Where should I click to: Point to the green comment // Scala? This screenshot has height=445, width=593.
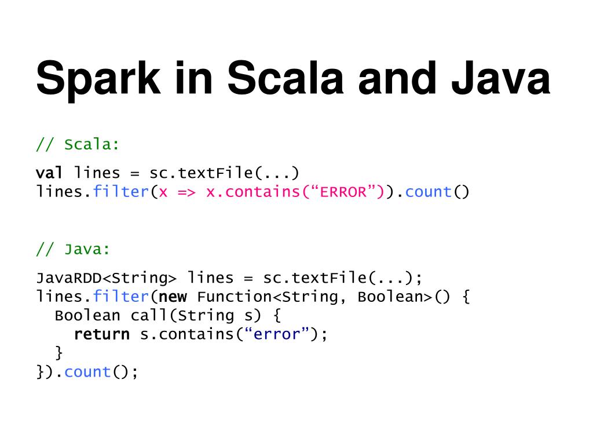pyautogui.click(x=78, y=145)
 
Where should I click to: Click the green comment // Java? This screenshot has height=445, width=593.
pyautogui.click(x=73, y=250)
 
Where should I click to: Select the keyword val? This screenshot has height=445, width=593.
pyautogui.click(x=50, y=173)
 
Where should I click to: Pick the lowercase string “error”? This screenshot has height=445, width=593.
pyautogui.click(x=277, y=334)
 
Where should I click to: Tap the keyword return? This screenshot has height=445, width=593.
pyautogui.click(x=102, y=334)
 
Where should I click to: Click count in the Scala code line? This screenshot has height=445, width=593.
pyautogui.click(x=429, y=192)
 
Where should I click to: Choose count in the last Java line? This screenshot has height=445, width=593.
pyautogui.click(x=87, y=372)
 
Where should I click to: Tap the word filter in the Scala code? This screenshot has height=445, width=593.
pyautogui.click(x=120, y=192)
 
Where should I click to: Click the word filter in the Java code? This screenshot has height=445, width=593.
pyautogui.click(x=120, y=297)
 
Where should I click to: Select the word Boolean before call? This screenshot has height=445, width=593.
pyautogui.click(x=87, y=316)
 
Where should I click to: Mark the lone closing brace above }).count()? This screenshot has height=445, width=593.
pyautogui.click(x=58, y=352)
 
